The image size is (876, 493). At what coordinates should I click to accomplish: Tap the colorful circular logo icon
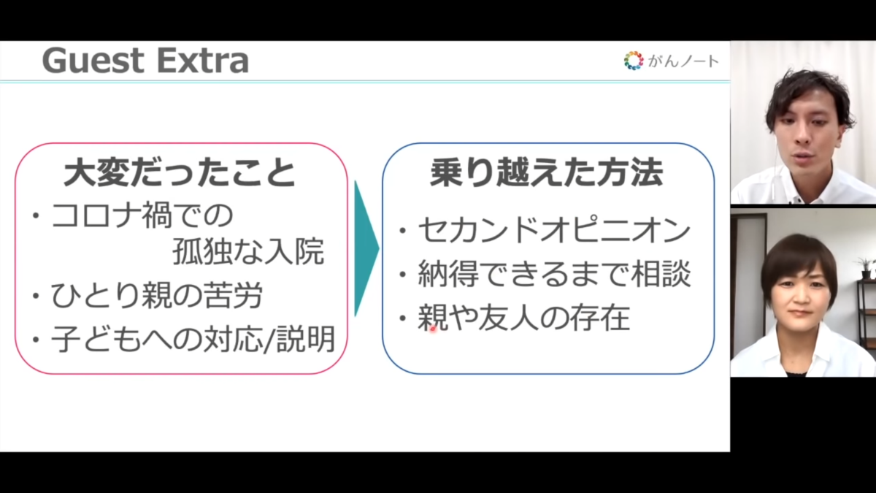pos(634,61)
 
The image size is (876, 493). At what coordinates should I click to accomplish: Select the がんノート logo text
pos(683,61)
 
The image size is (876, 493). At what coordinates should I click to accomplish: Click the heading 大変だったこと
pos(180,172)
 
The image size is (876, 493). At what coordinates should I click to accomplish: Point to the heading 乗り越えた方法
pos(546,172)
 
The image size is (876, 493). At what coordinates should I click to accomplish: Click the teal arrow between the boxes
pos(366,248)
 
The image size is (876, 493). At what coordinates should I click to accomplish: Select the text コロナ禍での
pos(142,215)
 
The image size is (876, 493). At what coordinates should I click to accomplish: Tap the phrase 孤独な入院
pos(248,251)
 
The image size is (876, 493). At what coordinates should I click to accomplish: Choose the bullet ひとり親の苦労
pos(156,295)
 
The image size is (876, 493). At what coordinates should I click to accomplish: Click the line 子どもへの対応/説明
pos(193,339)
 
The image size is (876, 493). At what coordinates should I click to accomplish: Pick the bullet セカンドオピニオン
pos(554,230)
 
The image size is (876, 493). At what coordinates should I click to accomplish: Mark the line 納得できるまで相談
pos(555,273)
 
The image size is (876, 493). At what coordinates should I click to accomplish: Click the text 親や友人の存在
pos(524,317)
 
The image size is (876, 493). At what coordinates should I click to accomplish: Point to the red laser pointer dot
pos(432,329)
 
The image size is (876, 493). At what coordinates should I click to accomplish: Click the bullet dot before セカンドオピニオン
pos(402,231)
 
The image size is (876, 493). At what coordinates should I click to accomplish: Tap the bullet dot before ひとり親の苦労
pos(36,297)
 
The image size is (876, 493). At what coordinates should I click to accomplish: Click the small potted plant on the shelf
pos(866,267)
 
